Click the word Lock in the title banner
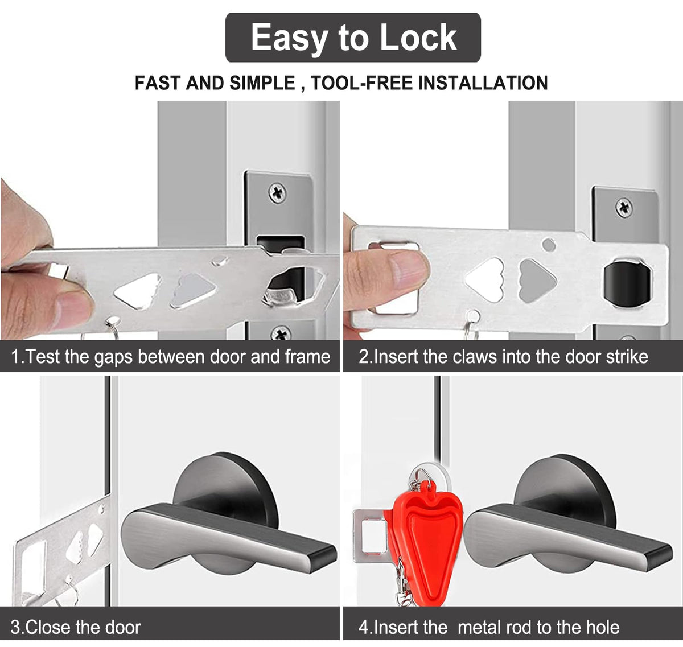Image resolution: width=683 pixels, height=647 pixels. (x=418, y=37)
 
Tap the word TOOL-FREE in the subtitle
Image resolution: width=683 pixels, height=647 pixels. (x=361, y=83)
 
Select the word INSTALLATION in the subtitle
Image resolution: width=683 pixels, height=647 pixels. (x=483, y=83)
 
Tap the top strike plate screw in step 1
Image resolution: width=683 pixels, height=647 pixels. (x=277, y=193)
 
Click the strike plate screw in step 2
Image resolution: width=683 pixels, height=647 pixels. (x=624, y=208)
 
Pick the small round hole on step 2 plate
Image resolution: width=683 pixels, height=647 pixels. (x=549, y=245)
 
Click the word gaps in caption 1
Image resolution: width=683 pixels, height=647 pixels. (x=113, y=357)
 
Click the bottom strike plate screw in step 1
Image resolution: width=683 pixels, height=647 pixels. (x=281, y=333)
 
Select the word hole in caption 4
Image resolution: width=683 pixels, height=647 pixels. (x=603, y=627)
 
